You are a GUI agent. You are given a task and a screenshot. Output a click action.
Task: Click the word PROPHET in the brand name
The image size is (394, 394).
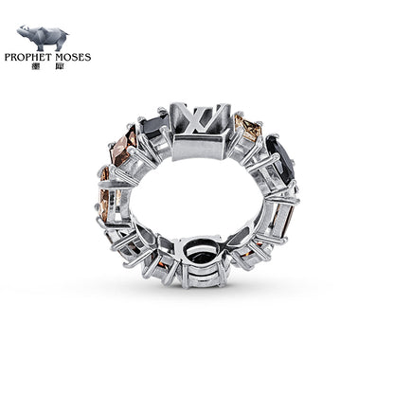tap(36, 58)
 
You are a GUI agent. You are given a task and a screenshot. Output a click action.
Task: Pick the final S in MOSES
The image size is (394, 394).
tap(89, 58)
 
